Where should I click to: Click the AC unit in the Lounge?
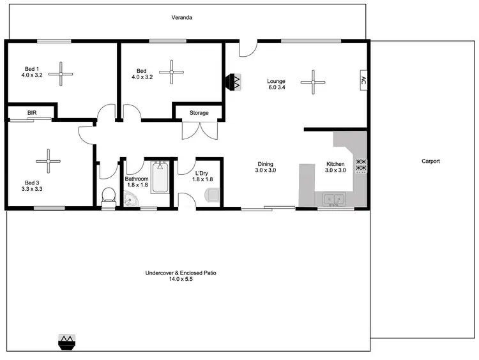coord(363,80)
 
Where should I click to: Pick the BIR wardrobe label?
coord(32,113)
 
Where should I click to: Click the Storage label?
coord(199,113)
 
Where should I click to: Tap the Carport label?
coord(430,161)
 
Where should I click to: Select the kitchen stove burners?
coord(361,165)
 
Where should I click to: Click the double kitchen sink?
coord(333,199)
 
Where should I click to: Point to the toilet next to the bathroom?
coord(107,197)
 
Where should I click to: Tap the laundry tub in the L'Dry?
coord(212,195)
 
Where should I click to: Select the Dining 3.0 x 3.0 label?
coord(265,167)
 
